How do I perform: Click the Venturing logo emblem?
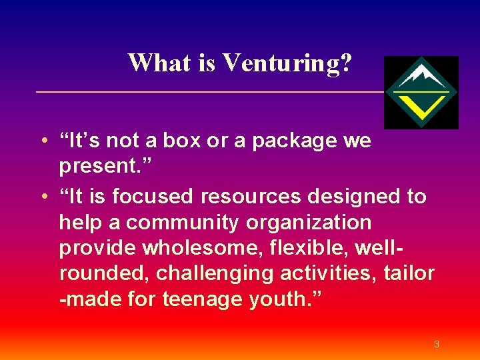click(421, 92)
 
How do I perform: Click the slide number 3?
click(436, 345)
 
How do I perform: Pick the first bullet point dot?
click(42, 141)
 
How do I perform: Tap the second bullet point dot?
click(42, 197)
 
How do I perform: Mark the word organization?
click(315, 222)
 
